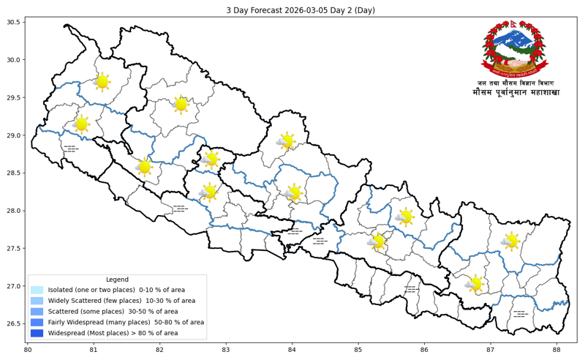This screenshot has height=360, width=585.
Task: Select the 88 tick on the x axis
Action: tap(556, 350)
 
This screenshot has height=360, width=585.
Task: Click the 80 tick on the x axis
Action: tap(28, 350)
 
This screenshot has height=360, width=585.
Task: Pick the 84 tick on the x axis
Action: tap(292, 350)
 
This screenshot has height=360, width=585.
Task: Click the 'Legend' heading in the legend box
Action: tap(117, 280)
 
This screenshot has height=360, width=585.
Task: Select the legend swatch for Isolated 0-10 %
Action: tap(37, 290)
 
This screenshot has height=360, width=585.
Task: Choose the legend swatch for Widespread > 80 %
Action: tap(37, 333)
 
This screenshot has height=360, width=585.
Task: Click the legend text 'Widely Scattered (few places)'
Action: tap(121, 301)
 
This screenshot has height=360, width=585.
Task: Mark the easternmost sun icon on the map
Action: tap(510, 241)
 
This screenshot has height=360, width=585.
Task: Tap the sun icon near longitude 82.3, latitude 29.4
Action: tap(181, 105)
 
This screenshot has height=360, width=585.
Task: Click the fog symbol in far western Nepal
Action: tap(70, 149)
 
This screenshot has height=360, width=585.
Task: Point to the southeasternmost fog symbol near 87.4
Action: tap(520, 313)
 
